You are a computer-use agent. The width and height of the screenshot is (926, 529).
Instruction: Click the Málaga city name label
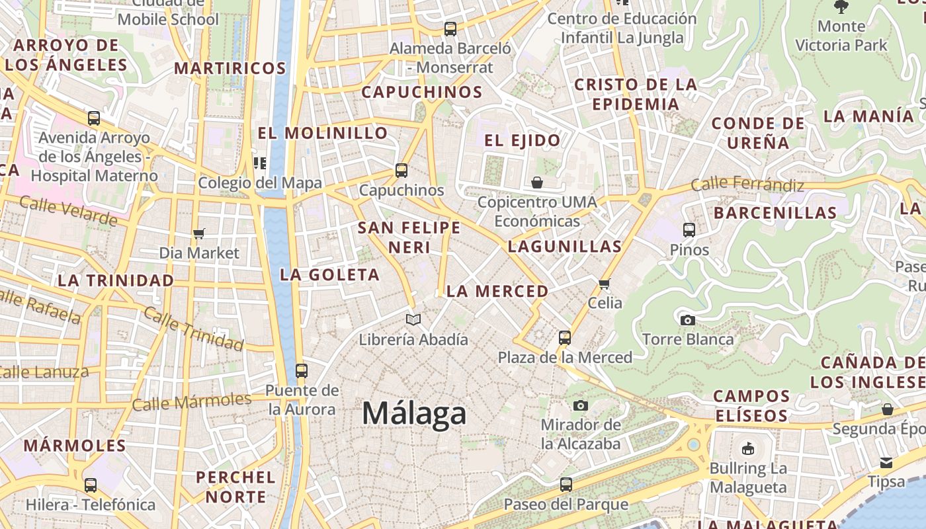pyautogui.click(x=414, y=414)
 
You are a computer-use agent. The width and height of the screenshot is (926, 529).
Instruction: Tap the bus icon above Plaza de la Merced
pyautogui.click(x=565, y=338)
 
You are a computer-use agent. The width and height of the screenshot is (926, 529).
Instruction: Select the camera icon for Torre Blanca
pyautogui.click(x=688, y=320)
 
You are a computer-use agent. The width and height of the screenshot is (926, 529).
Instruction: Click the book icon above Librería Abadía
pyautogui.click(x=413, y=320)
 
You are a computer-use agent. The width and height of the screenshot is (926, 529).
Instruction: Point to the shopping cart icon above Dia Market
pyautogui.click(x=198, y=233)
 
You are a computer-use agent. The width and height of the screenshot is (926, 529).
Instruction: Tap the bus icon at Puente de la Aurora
pyautogui.click(x=302, y=371)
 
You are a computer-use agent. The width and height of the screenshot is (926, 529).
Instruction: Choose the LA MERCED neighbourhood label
pyautogui.click(x=497, y=291)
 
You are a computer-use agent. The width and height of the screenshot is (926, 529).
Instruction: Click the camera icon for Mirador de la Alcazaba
pyautogui.click(x=581, y=405)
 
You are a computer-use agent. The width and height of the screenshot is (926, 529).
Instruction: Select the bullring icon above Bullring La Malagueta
pyautogui.click(x=748, y=449)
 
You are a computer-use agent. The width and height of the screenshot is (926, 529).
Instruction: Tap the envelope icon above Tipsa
pyautogui.click(x=886, y=462)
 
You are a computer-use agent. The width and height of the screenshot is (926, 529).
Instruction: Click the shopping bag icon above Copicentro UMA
pyautogui.click(x=537, y=183)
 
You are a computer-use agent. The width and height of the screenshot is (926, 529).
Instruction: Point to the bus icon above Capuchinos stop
pyautogui.click(x=401, y=171)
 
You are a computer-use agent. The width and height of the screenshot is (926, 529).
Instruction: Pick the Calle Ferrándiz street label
pyautogui.click(x=747, y=184)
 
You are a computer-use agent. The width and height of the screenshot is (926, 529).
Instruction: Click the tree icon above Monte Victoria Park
pyautogui.click(x=841, y=7)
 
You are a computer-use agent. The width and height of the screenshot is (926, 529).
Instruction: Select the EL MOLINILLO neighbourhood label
pyautogui.click(x=323, y=133)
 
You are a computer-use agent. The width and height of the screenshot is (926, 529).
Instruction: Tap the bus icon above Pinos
pyautogui.click(x=689, y=230)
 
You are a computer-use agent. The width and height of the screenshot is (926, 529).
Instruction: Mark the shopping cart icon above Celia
pyautogui.click(x=604, y=284)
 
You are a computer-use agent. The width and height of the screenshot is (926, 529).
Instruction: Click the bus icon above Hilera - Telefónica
pyautogui.click(x=91, y=485)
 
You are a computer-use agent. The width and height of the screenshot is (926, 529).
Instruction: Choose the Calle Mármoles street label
pyautogui.click(x=192, y=401)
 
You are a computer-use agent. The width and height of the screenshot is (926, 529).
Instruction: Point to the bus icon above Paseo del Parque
pyautogui.click(x=566, y=485)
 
